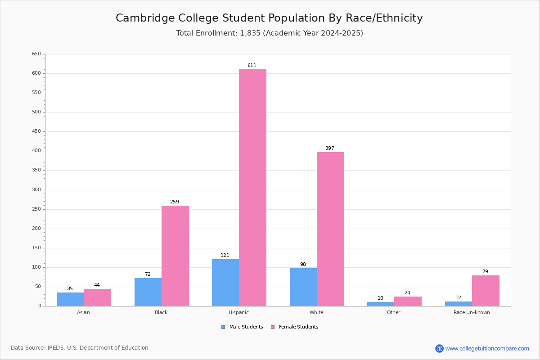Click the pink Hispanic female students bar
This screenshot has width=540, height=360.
pos(252,188)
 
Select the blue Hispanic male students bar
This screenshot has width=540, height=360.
pos(225,283)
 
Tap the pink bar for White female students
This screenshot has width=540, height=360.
pos(330,229)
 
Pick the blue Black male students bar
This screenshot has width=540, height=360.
pos(148,292)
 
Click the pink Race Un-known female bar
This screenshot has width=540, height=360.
pos(486,291)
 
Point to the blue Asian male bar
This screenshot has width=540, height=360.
pos(70,299)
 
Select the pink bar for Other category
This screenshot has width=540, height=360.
pos(408,301)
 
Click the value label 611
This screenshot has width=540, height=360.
pos(252,66)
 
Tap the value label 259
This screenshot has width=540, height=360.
pos(175,202)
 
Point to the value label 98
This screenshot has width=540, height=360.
pos(303,265)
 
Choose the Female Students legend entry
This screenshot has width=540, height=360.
pos(295,327)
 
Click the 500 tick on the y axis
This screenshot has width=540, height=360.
pos(36,112)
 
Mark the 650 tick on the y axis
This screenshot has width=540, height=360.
pos(36,54)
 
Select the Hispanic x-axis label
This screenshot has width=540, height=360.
pos(238,312)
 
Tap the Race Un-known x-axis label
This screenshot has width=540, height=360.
pos(472,312)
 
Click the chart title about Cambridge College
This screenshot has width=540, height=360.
pos(269,18)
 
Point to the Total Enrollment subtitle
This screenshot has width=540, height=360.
pos(270,33)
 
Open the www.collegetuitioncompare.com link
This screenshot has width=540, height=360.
pos(487,348)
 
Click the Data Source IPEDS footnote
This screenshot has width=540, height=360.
pos(80,348)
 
